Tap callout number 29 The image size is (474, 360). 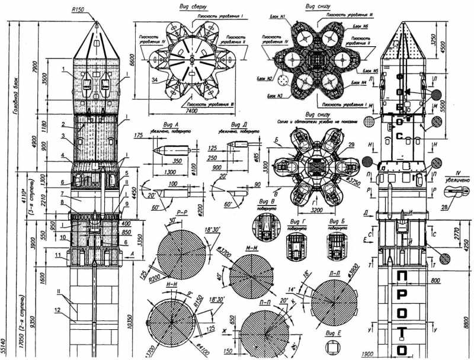click(351, 144)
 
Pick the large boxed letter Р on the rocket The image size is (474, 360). click(403, 300)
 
